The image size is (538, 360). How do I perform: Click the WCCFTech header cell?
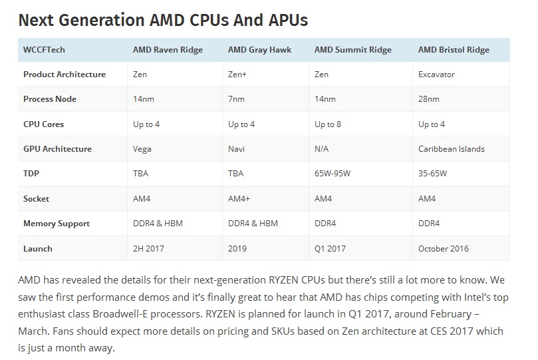click(x=44, y=50)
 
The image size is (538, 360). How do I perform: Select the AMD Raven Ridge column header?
click(x=168, y=50)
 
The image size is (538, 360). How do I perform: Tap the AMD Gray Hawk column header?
click(x=259, y=50)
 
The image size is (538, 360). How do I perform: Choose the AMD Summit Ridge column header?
click(x=352, y=50)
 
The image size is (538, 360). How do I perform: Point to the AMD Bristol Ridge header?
click(x=454, y=50)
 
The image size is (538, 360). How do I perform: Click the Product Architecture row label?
click(x=65, y=75)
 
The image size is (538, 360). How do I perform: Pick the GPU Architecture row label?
click(x=57, y=149)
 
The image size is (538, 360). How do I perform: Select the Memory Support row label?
click(x=57, y=224)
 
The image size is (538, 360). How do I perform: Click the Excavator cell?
click(x=436, y=75)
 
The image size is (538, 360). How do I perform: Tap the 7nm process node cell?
click(x=236, y=99)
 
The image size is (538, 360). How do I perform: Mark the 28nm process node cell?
click(x=429, y=99)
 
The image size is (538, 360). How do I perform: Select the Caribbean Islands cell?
click(x=452, y=149)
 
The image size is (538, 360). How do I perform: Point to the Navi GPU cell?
click(x=237, y=149)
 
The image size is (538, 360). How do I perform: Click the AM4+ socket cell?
click(x=239, y=199)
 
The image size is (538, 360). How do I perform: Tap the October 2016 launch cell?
click(x=444, y=249)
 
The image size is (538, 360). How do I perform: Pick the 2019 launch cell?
click(x=237, y=249)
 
